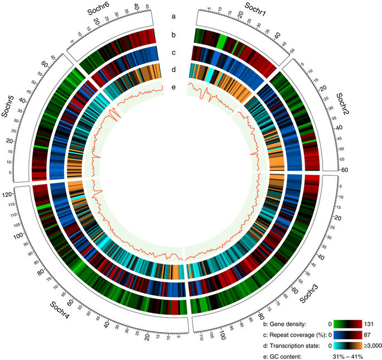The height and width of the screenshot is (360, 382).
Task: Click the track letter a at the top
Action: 173,16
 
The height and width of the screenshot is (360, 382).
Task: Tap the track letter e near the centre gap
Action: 173,87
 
